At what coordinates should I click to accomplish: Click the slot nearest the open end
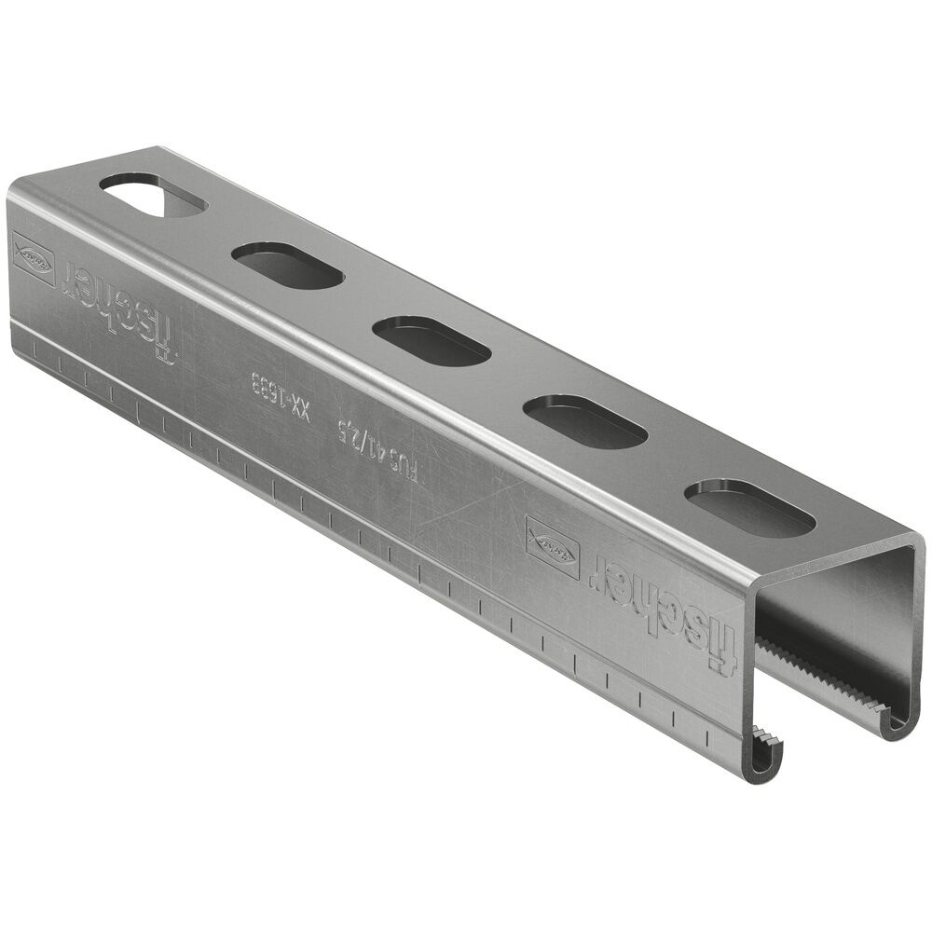pyautogui.click(x=754, y=509)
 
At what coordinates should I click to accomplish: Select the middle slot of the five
pyautogui.click(x=431, y=339)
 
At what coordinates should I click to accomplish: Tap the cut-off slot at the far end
pyautogui.click(x=154, y=195)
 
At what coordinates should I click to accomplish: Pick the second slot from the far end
pyautogui.click(x=287, y=265)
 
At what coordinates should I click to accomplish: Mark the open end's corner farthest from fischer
pyautogui.click(x=918, y=544)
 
